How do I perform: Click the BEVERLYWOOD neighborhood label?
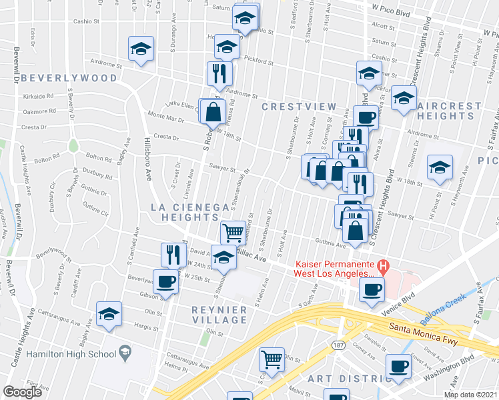[x=69, y=78]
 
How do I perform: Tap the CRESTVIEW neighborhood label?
[x=296, y=107]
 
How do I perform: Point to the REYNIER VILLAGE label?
[x=219, y=315]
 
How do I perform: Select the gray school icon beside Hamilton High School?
[x=124, y=352]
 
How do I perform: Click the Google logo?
[x=23, y=392]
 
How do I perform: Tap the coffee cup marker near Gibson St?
[x=165, y=280]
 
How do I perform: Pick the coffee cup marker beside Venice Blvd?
[x=372, y=289]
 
